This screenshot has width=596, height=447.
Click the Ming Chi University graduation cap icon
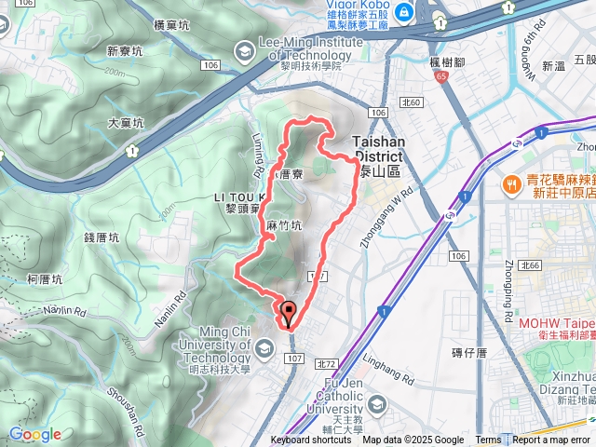click(x=264, y=349)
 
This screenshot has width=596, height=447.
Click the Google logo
click(x=34, y=434)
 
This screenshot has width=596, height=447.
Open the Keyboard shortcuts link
click(x=311, y=440)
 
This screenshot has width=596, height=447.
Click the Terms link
click(x=488, y=440)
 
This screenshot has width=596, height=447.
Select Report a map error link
click(x=551, y=440)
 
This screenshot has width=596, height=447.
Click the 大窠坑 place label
click(x=126, y=123)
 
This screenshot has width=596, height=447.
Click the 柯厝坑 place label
click(x=45, y=278)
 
